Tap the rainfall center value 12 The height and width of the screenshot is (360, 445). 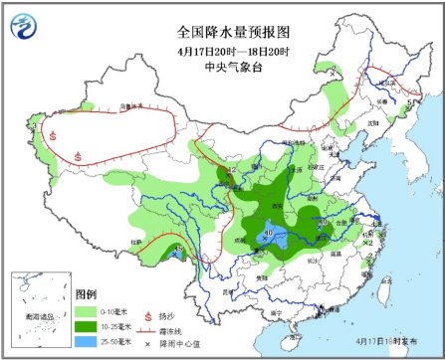pyautogui.click(x=231, y=171)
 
